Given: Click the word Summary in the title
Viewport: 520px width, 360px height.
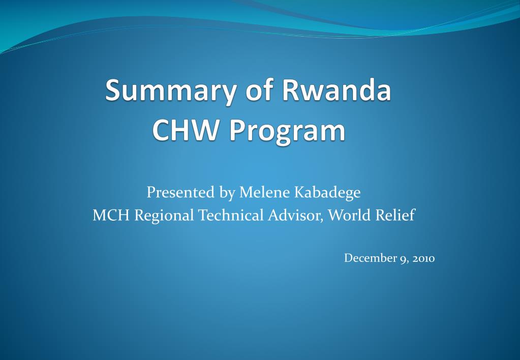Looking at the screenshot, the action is [170, 92].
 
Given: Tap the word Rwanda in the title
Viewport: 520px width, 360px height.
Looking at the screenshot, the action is [337, 89].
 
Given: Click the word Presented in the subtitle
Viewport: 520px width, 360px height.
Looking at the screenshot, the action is [180, 192].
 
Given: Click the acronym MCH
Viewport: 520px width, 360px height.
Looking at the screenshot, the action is [111, 215].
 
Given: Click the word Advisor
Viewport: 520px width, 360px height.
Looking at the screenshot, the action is [294, 215].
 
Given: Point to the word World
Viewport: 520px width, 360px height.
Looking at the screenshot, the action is [349, 215].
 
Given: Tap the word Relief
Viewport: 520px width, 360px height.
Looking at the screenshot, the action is [394, 215].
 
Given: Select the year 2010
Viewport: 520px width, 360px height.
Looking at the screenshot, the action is [423, 258].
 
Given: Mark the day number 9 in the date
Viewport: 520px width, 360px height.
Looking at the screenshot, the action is [403, 259].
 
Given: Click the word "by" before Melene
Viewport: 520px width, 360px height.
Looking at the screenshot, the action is [227, 193].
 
